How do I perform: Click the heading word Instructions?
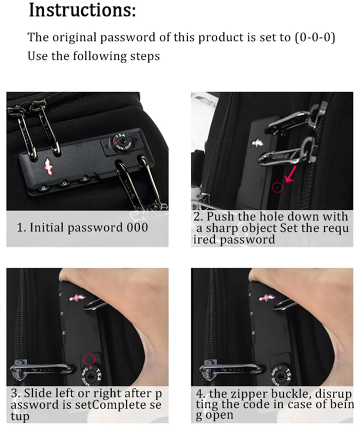coord(82,10)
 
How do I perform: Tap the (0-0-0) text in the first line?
coord(315,37)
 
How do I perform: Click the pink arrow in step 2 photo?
coord(291,174)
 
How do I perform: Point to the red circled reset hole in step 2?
coord(278,188)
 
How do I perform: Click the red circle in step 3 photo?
coord(89,359)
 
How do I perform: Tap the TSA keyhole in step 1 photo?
coord(122,142)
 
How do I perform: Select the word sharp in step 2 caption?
coord(222,229)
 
